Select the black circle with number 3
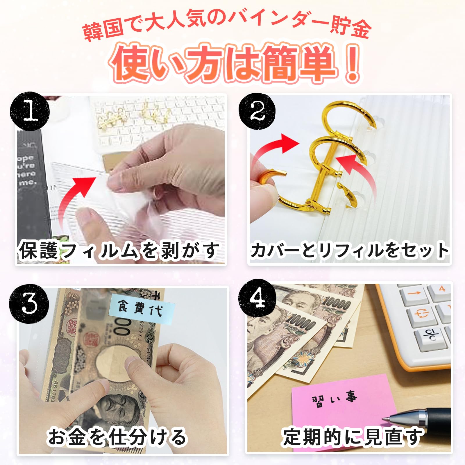coord(29,304)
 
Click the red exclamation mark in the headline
coord(352,62)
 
